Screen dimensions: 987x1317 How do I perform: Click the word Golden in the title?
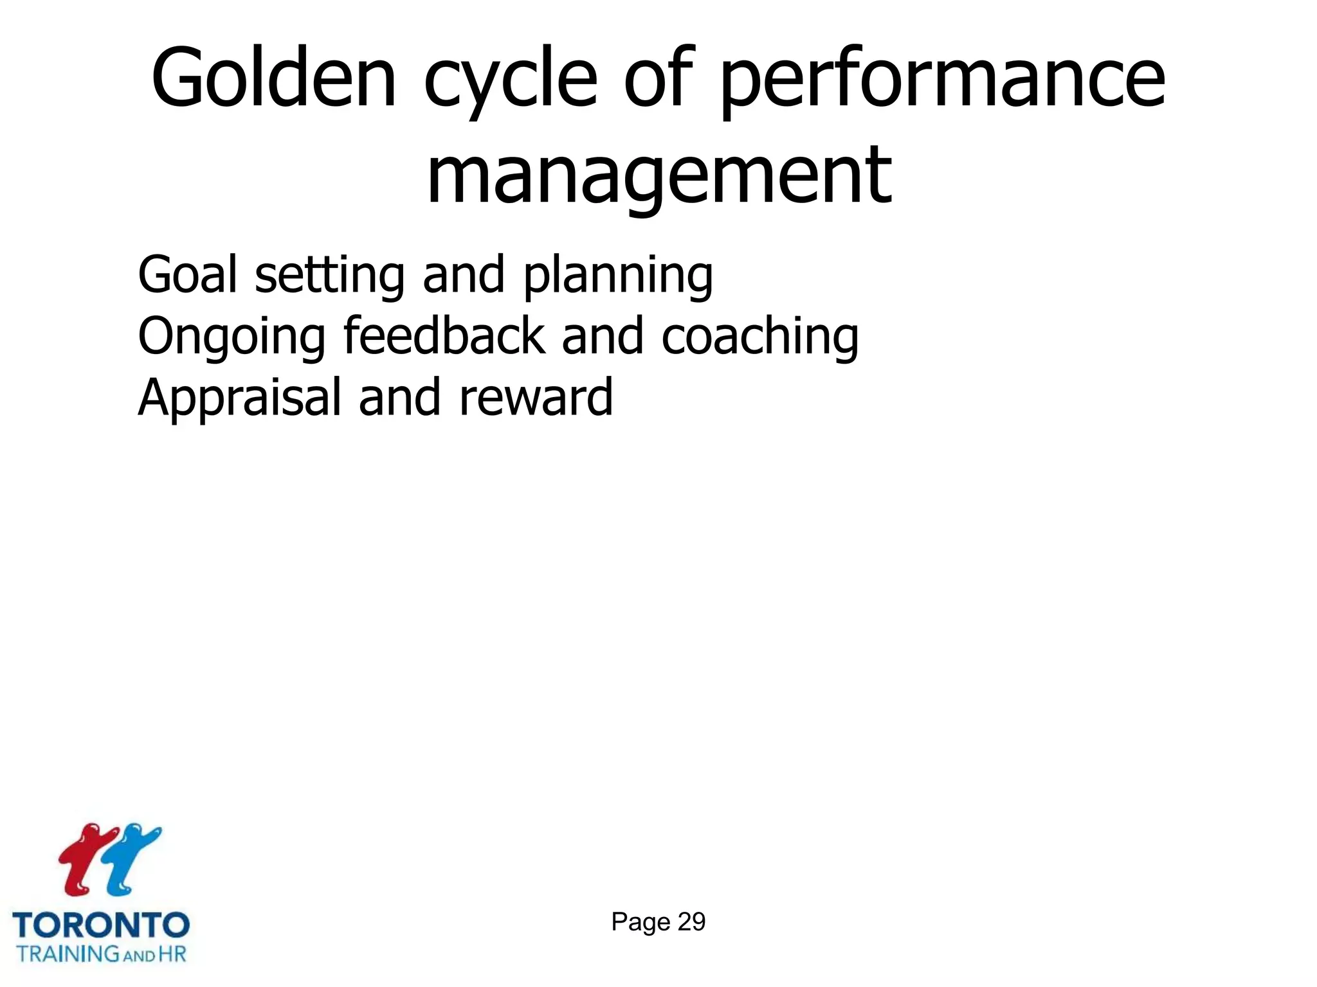pyautogui.click(x=274, y=78)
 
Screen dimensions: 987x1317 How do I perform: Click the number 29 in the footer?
pyautogui.click(x=691, y=922)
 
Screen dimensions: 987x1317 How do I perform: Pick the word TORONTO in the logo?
pyautogui.click(x=101, y=926)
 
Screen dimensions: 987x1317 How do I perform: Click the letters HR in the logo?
pyautogui.click(x=172, y=954)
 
